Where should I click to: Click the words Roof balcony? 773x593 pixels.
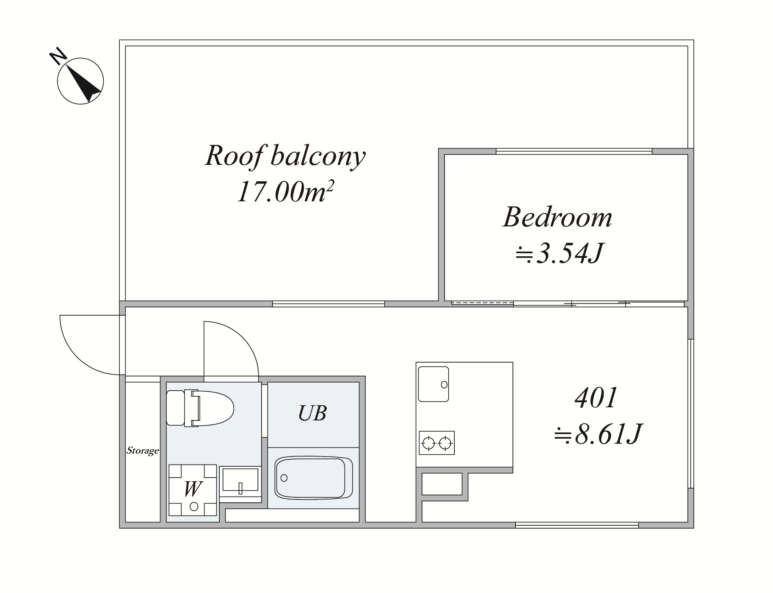coord(285,157)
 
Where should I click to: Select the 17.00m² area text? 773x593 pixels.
coord(286,191)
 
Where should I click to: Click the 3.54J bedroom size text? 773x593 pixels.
coord(560,253)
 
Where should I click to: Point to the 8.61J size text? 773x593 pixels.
coord(598,434)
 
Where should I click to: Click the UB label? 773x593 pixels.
coord(312,413)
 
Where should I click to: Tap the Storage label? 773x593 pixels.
coord(143,451)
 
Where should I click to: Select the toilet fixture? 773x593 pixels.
coord(200,408)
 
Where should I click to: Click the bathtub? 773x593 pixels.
coord(314,478)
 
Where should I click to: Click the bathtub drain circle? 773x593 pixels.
coord(284,478)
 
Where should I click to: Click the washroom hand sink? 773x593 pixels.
coord(240,481)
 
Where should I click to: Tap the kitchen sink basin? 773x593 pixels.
coord(433,384)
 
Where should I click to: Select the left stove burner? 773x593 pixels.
coord(429,443)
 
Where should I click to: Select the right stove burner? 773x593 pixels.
coord(445,443)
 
